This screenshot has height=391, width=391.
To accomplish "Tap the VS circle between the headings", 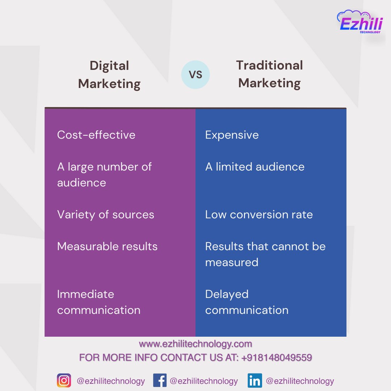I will pyautogui.click(x=195, y=75).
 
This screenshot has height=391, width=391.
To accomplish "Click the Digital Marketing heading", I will pyautogui.click(x=109, y=75).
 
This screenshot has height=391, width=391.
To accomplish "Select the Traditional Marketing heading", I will pyautogui.click(x=270, y=74).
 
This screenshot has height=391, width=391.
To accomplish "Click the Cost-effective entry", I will pyautogui.click(x=96, y=135).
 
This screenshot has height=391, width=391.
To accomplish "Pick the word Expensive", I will pyautogui.click(x=232, y=135).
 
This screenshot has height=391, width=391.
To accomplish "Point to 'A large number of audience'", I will pyautogui.click(x=104, y=175).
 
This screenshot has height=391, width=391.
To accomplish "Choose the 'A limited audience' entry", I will pyautogui.click(x=255, y=167).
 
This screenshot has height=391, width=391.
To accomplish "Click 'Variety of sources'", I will pyautogui.click(x=106, y=214).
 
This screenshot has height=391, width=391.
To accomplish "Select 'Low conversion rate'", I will pyautogui.click(x=259, y=214).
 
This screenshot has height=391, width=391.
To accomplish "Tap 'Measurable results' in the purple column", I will pyautogui.click(x=108, y=246).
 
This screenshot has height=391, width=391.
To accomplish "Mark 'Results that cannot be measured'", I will pyautogui.click(x=265, y=254).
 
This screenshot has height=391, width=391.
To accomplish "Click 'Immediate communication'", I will pyautogui.click(x=99, y=302).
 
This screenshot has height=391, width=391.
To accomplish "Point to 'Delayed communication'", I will pyautogui.click(x=247, y=302).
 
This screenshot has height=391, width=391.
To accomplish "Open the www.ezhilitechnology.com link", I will pyautogui.click(x=195, y=344).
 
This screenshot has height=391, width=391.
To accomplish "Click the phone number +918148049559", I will pyautogui.click(x=277, y=358).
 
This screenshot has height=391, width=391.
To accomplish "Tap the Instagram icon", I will pyautogui.click(x=64, y=381).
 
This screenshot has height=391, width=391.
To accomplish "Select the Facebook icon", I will pyautogui.click(x=160, y=381).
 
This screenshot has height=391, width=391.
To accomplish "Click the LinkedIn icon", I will pyautogui.click(x=255, y=381).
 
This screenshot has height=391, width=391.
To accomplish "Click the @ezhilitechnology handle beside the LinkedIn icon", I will pyautogui.click(x=300, y=381).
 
